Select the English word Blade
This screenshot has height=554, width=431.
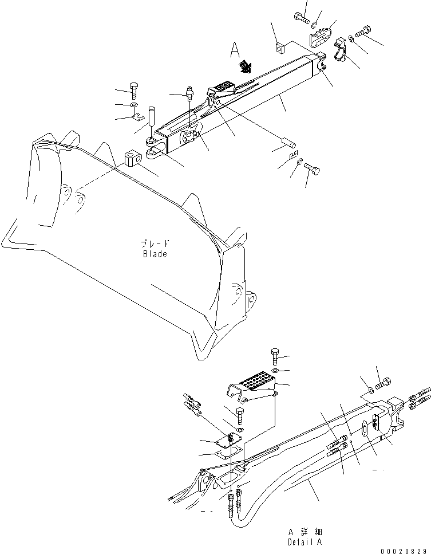click(155, 254)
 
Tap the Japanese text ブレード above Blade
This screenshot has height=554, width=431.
click(155, 243)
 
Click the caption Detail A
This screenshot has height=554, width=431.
click(305, 541)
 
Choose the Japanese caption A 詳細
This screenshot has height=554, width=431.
click(305, 532)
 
